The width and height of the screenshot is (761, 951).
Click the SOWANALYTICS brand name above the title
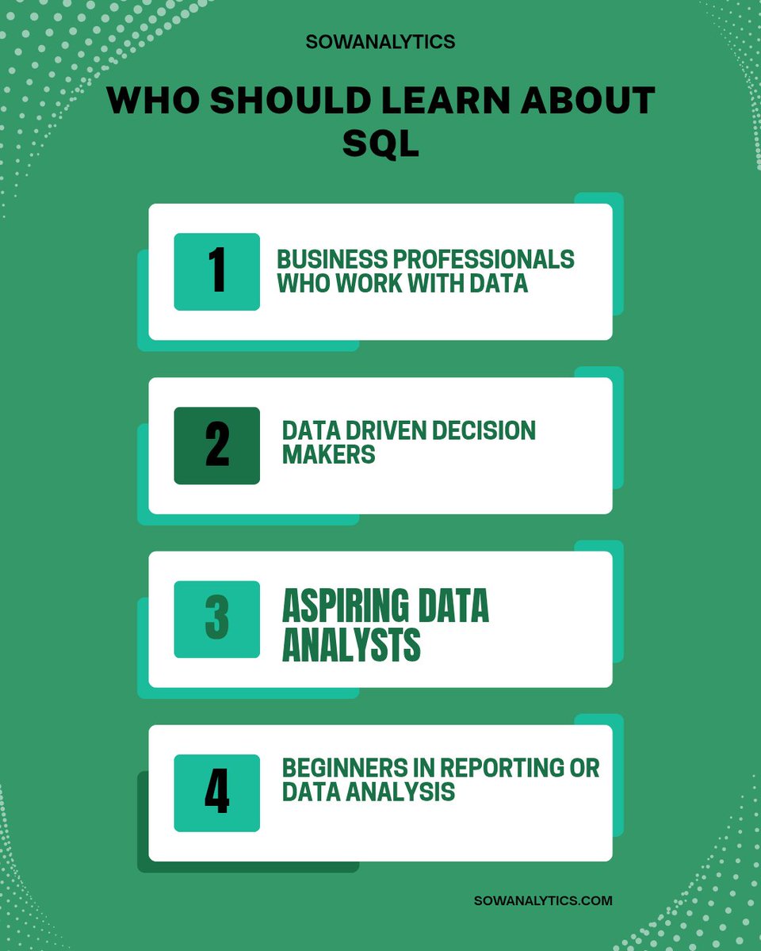(380, 41)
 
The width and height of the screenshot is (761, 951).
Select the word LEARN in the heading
(447, 101)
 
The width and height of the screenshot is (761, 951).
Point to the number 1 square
(216, 271)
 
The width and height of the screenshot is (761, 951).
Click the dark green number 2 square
(216, 445)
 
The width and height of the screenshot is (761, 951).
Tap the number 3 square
(216, 619)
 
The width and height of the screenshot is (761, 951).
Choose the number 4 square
(216, 792)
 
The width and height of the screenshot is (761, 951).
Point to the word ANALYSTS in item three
(351, 645)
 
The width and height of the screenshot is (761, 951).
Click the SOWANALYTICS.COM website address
(543, 900)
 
